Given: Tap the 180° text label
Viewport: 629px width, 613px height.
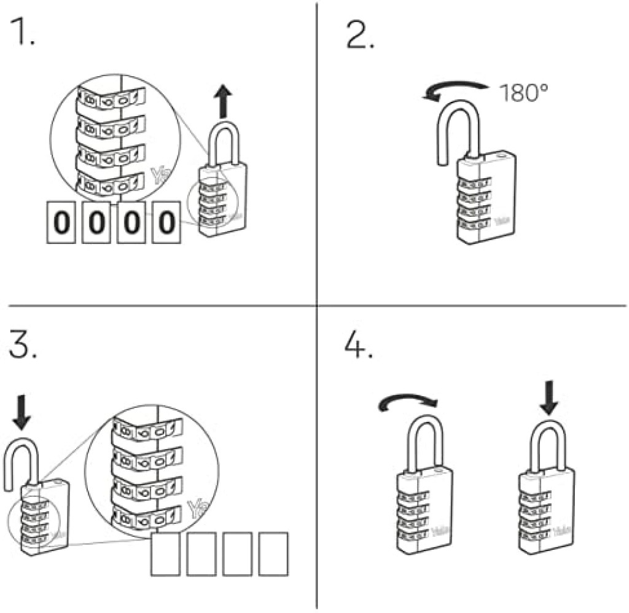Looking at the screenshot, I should [x=523, y=94].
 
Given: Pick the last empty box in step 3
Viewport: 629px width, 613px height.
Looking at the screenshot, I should [x=273, y=554].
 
